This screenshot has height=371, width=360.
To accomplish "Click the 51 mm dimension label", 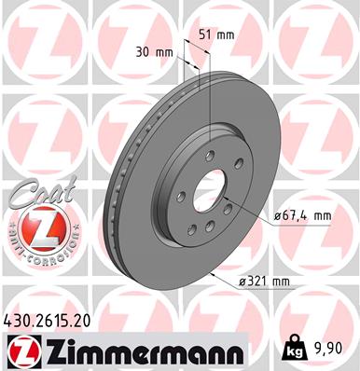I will click(x=218, y=34).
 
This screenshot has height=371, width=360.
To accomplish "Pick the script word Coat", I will click(x=35, y=197).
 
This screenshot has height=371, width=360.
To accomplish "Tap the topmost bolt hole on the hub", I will click(x=210, y=155).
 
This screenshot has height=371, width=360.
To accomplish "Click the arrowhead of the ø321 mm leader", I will click(x=213, y=273).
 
